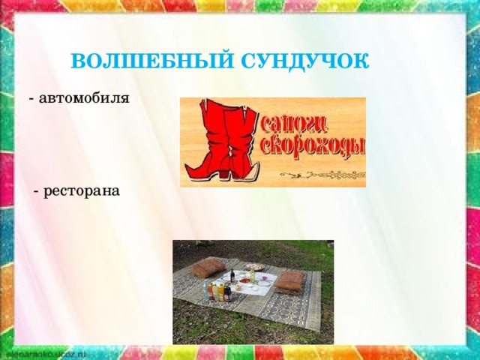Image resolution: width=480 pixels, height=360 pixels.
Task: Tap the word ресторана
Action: click(82, 191)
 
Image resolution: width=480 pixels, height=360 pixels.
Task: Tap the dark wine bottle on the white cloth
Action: click(232, 277)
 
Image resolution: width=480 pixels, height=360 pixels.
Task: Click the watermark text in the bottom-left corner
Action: click(45, 351)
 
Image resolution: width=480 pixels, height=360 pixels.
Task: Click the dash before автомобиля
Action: click(30, 98)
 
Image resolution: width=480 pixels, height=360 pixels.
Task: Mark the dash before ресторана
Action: click(37, 191)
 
